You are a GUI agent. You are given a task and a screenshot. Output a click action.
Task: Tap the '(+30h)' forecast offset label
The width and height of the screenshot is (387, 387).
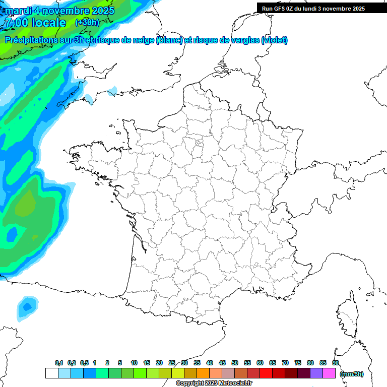click(x=87, y=23)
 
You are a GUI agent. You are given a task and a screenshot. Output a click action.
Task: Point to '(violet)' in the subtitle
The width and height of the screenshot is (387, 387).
click(x=275, y=40)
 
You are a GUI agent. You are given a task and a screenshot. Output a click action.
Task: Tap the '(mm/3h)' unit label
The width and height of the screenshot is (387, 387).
click(x=351, y=373)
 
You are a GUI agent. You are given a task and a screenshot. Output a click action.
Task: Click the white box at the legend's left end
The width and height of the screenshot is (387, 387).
click(x=51, y=373)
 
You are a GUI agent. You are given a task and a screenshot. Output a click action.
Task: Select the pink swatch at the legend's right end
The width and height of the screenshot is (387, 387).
click(x=329, y=373)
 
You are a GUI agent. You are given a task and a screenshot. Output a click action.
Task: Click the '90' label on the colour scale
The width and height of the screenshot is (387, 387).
click(x=335, y=363)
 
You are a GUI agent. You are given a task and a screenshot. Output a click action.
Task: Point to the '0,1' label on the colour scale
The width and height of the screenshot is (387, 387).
click(x=59, y=363)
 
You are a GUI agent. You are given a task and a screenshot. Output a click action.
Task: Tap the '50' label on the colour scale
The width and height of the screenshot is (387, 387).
click(x=235, y=363)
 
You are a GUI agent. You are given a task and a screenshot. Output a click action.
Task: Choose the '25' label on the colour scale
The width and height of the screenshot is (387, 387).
click(x=172, y=363)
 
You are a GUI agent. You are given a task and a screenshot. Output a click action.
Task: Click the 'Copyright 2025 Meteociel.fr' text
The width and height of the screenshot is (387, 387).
click(x=214, y=383)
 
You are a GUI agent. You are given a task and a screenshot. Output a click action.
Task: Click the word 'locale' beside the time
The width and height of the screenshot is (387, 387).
click(x=47, y=23)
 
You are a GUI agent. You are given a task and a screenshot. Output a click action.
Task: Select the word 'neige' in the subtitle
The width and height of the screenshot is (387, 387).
click(x=143, y=40)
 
